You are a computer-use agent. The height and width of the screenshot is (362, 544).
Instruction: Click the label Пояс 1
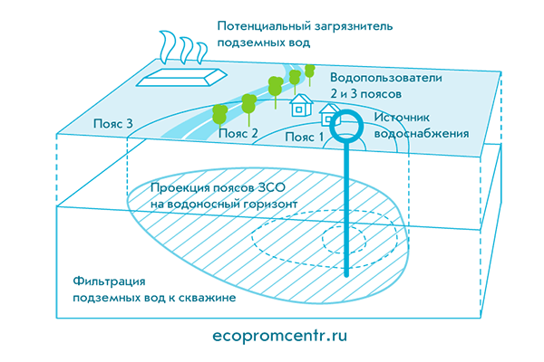304,138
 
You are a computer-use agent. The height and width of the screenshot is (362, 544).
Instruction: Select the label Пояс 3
114,122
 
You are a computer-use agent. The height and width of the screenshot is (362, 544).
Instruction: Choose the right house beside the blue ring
326,114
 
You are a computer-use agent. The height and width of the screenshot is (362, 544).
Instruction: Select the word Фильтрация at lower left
107,281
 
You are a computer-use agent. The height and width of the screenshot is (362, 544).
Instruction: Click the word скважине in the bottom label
206,298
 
